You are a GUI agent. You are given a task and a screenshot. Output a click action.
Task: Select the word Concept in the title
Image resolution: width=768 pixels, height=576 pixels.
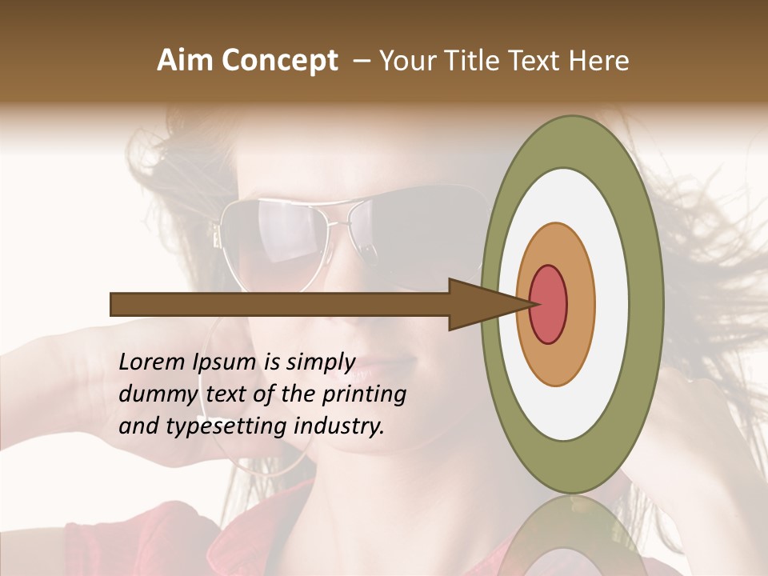coord(279,61)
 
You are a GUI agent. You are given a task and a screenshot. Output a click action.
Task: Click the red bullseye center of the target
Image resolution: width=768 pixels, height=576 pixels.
coord(548,304)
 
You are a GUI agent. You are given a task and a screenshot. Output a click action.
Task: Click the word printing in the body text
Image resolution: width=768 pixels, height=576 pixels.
coord(364,395)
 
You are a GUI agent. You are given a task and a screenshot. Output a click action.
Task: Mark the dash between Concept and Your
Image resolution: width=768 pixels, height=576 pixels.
coord(361,61)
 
